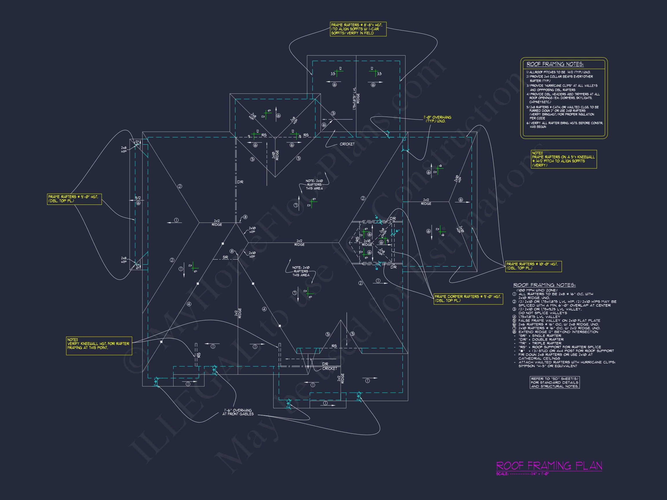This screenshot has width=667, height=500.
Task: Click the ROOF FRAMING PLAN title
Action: [549, 466]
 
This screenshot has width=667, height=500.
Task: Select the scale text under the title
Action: [522, 474]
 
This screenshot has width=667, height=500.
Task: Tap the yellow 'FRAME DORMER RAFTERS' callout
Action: [468, 298]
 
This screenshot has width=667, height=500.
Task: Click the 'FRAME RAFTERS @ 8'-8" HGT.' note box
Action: [358, 29]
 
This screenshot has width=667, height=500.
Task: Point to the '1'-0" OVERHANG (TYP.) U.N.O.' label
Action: [437, 119]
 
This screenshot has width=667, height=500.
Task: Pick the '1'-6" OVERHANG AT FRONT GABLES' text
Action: [238, 412]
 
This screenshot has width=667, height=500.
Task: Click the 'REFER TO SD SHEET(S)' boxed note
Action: [554, 383]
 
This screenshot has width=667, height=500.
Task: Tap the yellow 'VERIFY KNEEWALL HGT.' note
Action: [99, 345]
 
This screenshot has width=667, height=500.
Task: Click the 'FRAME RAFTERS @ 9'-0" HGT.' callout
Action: [74, 198]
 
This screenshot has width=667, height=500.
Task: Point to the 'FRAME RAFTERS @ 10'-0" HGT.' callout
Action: [534, 266]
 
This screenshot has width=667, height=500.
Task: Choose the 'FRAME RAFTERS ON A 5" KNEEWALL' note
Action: [563, 159]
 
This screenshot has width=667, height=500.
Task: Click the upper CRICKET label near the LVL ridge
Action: [347, 144]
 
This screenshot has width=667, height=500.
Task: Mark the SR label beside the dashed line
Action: [225, 258]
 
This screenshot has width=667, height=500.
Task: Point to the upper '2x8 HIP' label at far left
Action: [124, 150]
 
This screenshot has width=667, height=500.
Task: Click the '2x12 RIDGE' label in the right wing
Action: [426, 202]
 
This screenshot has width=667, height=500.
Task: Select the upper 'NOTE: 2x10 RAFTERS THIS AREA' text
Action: [314, 184]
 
